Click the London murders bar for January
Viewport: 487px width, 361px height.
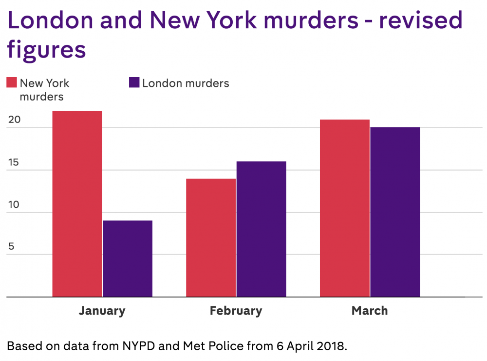coord(127,259)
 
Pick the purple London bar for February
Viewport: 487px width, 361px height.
coord(261,229)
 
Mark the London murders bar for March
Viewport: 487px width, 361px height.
coord(395,212)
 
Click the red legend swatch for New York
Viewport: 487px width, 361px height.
coord(12,82)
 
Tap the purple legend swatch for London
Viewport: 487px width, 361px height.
coord(134,82)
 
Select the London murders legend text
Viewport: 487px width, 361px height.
coord(186,83)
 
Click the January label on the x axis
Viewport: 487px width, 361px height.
coord(102,311)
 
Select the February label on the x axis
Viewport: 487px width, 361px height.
coord(236,311)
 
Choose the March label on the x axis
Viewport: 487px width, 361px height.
coord(370,311)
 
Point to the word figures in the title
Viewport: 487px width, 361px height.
coord(46,50)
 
